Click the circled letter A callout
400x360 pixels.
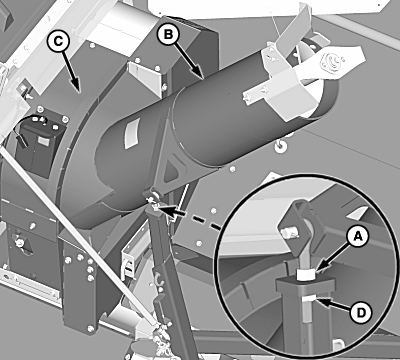point(358,237)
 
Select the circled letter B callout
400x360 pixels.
point(169,35)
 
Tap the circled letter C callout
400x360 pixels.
point(58,41)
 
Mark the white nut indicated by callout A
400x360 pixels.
point(306,275)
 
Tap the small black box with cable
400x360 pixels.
point(39,143)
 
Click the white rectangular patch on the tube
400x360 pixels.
point(130,134)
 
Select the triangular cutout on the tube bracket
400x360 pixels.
point(173,167)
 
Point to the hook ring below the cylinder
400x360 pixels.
point(280,146)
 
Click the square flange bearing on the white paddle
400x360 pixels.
point(331,61)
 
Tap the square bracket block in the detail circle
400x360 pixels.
point(295,222)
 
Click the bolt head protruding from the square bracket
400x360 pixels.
point(286,233)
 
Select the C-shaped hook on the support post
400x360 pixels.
point(160,278)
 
